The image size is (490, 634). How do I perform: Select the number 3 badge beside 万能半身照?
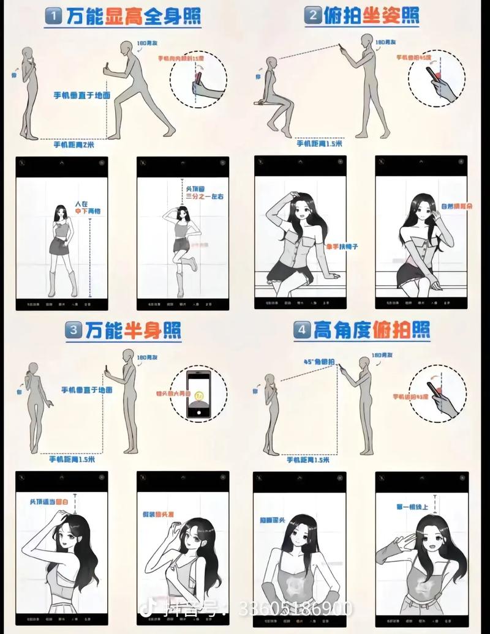74,330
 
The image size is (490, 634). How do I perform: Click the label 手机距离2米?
73,144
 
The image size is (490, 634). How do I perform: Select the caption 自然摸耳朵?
454,207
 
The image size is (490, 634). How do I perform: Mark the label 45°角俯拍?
318,362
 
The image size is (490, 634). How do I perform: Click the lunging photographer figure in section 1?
138,89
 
